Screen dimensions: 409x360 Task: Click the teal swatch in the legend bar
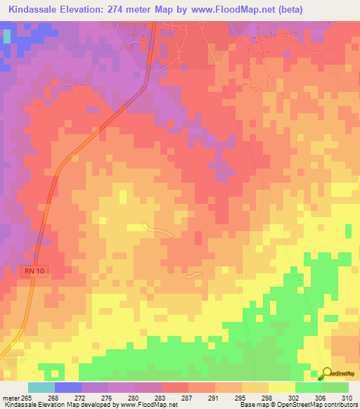point(41,387)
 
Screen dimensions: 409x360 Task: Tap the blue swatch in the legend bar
point(68,387)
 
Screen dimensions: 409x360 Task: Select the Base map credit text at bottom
point(298,405)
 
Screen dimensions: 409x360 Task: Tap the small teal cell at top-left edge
point(7,34)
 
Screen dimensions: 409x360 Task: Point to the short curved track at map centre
point(157,229)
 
